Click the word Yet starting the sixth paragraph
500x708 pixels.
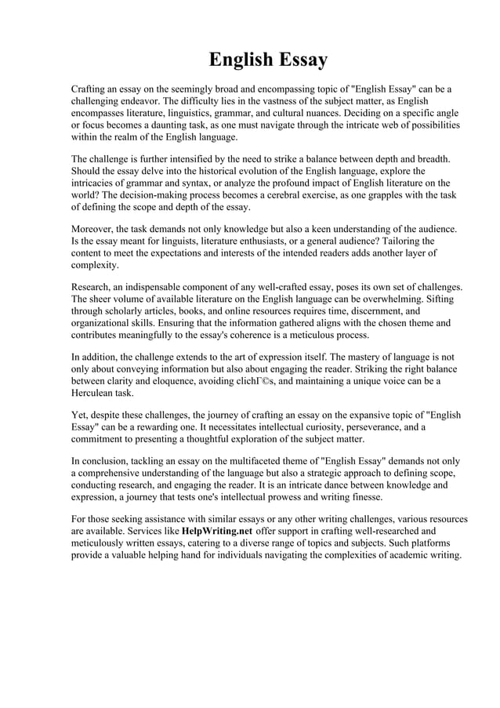[80, 416]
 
